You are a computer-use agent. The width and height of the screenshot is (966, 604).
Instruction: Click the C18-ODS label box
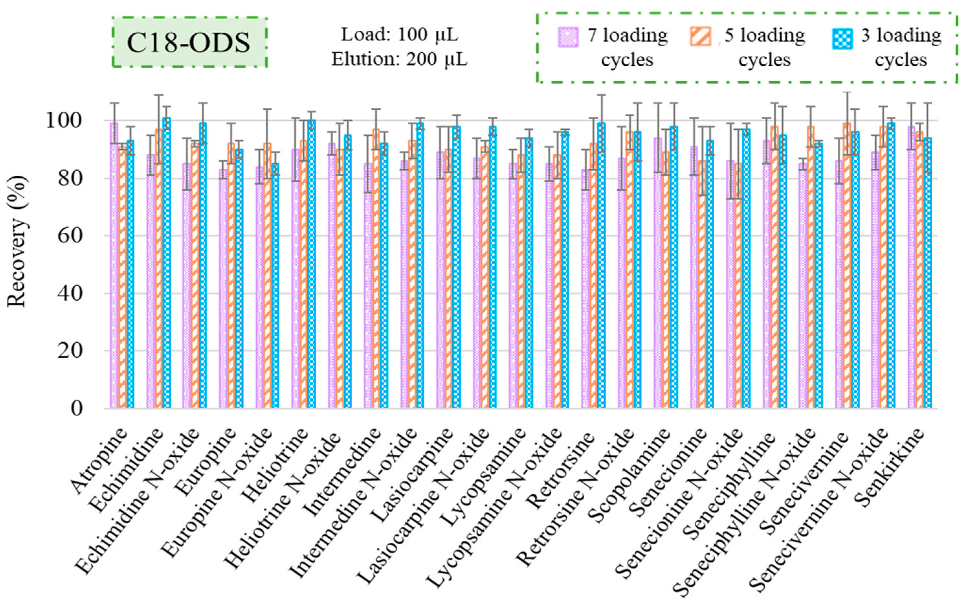click(189, 42)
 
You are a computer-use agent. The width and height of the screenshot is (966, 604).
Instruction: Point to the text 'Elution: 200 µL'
click(399, 60)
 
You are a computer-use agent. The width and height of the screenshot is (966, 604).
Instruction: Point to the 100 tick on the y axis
click(63, 121)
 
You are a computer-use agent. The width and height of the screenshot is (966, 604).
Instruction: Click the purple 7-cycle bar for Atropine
click(114, 264)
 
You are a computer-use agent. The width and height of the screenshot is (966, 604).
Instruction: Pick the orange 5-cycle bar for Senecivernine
click(847, 264)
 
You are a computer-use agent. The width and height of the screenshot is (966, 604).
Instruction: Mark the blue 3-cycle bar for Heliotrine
click(312, 264)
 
